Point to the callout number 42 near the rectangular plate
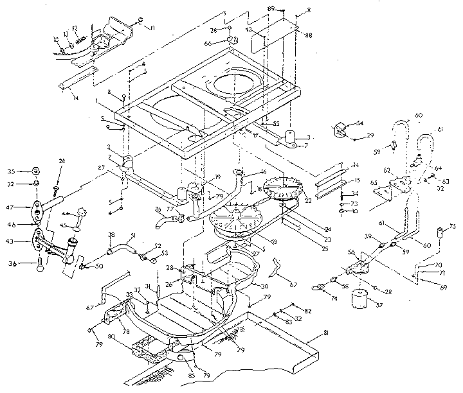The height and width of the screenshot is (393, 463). [x=249, y=30]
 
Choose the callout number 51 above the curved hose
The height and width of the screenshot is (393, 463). [x=132, y=235]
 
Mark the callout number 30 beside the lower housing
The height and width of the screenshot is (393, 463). [x=247, y=286]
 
